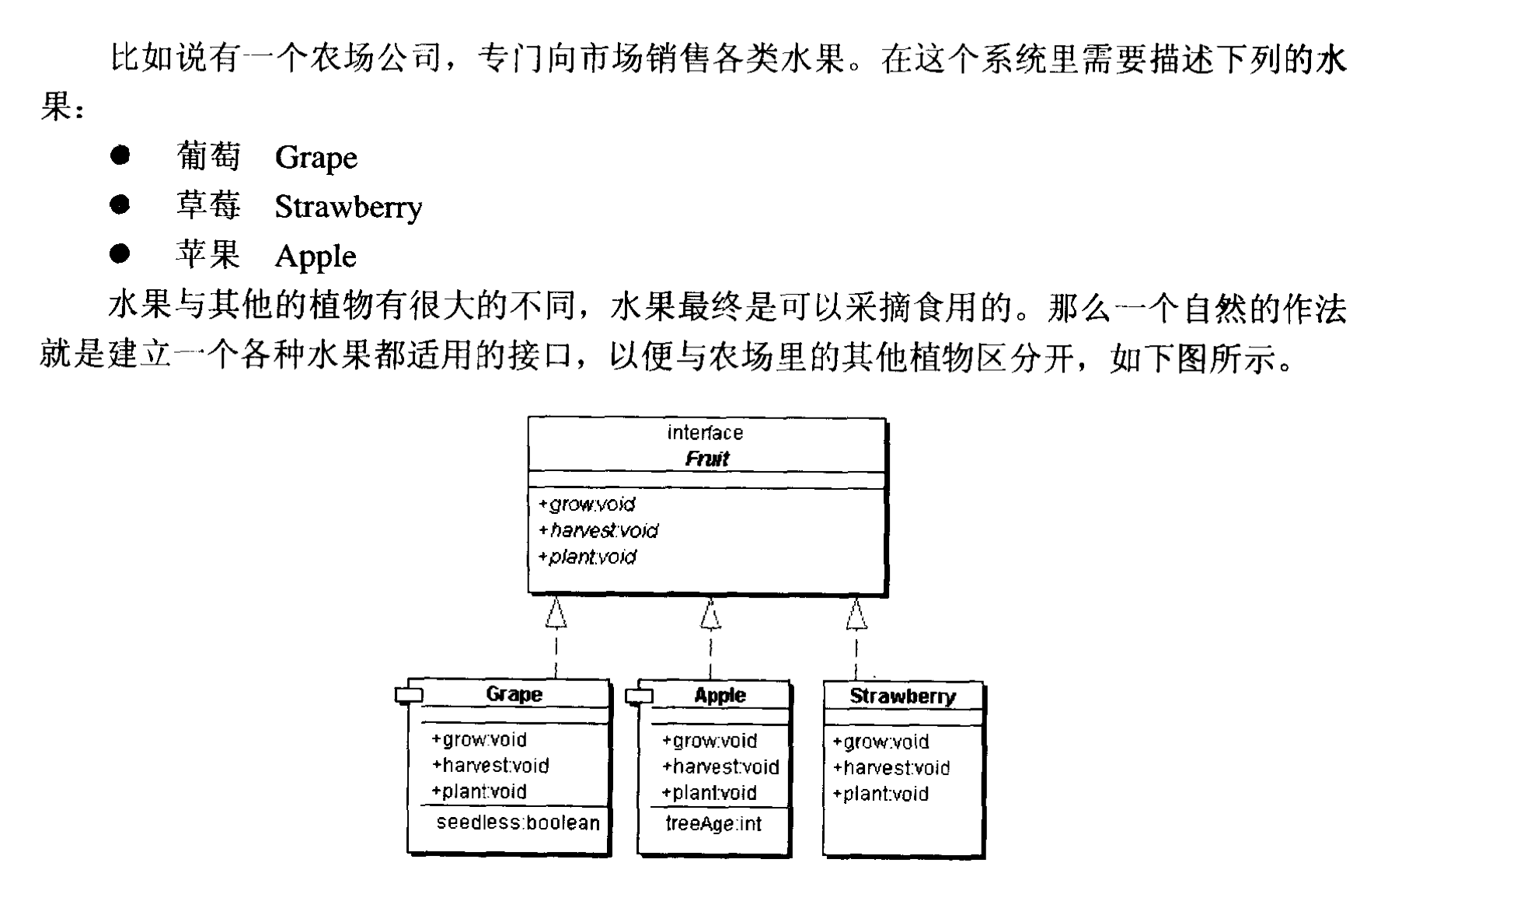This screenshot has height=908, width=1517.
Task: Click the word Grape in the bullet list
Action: (316, 158)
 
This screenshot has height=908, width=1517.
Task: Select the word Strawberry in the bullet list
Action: (349, 207)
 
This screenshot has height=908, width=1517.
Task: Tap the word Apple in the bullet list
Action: (316, 257)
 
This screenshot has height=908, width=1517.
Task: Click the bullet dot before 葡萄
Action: (120, 155)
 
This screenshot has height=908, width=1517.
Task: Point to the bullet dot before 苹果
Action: (120, 253)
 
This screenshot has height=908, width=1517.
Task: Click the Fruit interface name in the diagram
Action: (707, 459)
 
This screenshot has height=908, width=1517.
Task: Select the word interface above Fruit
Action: (706, 432)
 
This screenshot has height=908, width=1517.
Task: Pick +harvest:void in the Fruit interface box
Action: (598, 530)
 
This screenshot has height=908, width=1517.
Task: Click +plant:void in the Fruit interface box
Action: (588, 557)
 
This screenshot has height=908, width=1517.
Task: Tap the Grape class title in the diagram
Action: (514, 693)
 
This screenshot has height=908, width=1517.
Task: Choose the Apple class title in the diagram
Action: (720, 695)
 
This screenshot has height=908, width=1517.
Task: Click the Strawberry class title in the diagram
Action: (903, 696)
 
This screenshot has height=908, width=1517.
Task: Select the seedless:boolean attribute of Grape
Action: (518, 822)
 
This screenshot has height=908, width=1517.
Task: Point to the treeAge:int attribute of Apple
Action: (713, 824)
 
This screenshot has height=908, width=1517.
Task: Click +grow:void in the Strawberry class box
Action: (881, 742)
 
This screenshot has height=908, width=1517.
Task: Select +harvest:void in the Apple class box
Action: (720, 767)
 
